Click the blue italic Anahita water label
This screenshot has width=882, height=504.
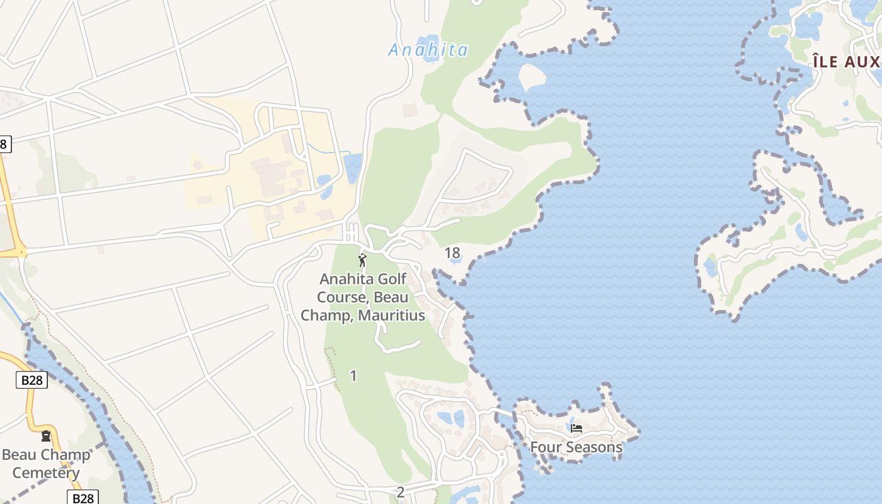(428, 50)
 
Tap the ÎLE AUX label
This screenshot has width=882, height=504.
(846, 62)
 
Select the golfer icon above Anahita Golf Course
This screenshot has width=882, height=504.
(362, 260)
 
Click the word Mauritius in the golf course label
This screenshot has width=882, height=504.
(391, 315)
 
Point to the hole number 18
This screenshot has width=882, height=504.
(452, 253)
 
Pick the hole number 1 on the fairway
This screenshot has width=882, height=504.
(353, 375)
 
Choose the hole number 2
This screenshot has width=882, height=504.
(401, 492)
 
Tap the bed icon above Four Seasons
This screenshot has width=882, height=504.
(576, 428)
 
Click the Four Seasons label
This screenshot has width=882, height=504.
(576, 447)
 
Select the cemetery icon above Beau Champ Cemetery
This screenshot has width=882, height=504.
(45, 436)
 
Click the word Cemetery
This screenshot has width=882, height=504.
(45, 473)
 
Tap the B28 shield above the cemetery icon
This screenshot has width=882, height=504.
(31, 380)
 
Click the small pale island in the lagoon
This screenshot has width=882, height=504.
(531, 76)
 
